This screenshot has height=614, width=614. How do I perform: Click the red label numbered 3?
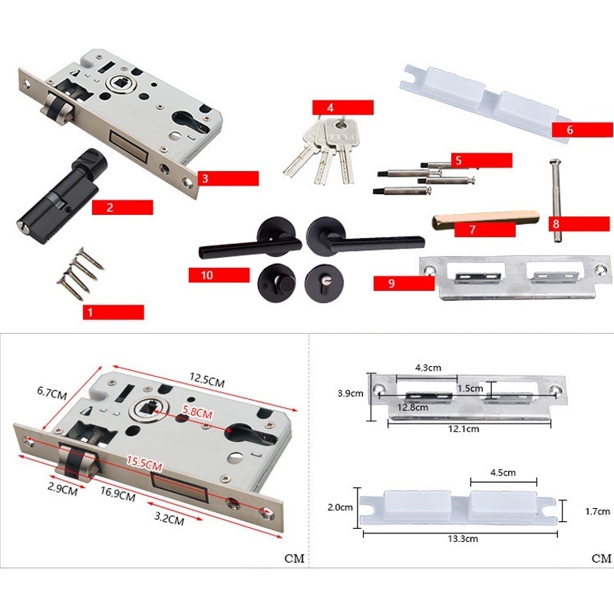pyautogui.click(x=228, y=178)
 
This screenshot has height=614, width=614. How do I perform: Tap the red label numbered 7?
pyautogui.click(x=485, y=229)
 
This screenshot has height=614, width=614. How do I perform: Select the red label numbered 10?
pyautogui.click(x=219, y=275)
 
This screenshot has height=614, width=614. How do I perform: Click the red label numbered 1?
pyautogui.click(x=113, y=312)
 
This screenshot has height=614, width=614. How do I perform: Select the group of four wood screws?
pyautogui.click(x=81, y=274)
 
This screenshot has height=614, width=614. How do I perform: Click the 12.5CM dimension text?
pyautogui.click(x=207, y=380)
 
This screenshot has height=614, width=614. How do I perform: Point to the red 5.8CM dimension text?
pyautogui.click(x=197, y=412)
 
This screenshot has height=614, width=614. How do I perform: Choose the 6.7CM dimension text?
pyautogui.click(x=52, y=392)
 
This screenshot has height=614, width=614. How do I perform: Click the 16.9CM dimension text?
pyautogui.click(x=117, y=494)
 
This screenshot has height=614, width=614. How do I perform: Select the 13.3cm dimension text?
pyautogui.click(x=463, y=539)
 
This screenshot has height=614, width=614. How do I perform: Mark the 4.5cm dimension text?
pyautogui.click(x=503, y=473)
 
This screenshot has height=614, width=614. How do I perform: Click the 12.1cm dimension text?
pyautogui.click(x=464, y=429)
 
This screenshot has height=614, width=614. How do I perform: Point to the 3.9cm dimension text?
pyautogui.click(x=351, y=393)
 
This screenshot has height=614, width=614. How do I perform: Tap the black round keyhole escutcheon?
pyautogui.click(x=325, y=283)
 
